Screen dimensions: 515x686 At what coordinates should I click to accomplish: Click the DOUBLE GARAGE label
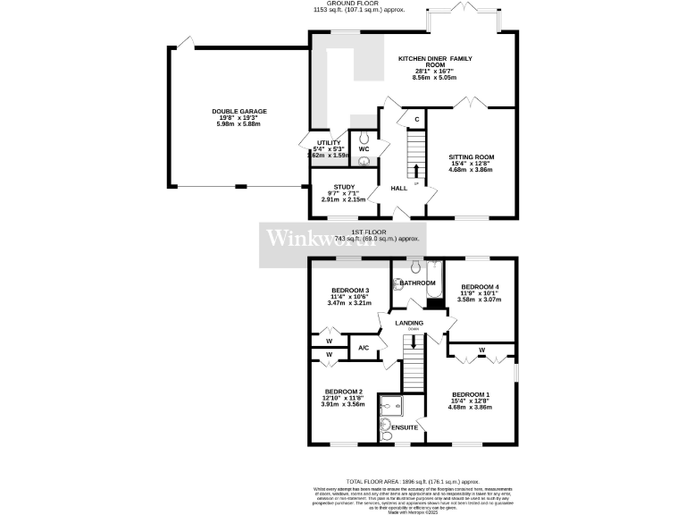239,112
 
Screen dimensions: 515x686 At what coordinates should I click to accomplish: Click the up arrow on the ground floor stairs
415,170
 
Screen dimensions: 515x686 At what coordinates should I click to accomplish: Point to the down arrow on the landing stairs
413,341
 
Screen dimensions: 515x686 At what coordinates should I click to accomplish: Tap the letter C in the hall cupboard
416,119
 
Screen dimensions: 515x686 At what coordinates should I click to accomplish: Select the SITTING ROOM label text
471,157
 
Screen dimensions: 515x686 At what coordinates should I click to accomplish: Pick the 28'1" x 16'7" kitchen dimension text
434,72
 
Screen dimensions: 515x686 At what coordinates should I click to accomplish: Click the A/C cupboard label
364,348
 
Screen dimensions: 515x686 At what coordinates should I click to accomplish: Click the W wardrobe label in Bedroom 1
481,350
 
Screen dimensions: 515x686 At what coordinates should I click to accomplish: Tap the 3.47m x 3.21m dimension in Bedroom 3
350,304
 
